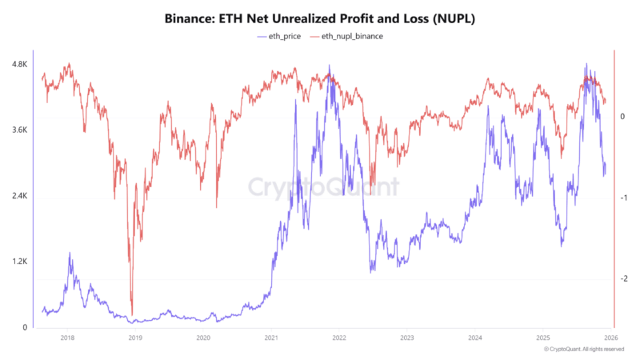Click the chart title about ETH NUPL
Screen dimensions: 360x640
pos(320,18)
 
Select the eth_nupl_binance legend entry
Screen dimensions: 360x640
pos(346,37)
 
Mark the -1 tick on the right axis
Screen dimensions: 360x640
pos(622,198)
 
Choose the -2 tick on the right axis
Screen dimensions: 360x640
pos(622,278)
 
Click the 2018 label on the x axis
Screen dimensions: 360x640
pos(67,339)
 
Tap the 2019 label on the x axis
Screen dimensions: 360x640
pos(135,339)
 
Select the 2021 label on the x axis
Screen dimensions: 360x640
pos(271,339)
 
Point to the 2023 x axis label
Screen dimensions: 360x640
pos(407,339)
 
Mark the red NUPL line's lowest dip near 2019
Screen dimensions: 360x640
pos(131,314)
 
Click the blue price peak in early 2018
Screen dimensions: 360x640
pos(70,254)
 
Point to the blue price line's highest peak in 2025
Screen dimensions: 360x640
pos(586,65)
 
